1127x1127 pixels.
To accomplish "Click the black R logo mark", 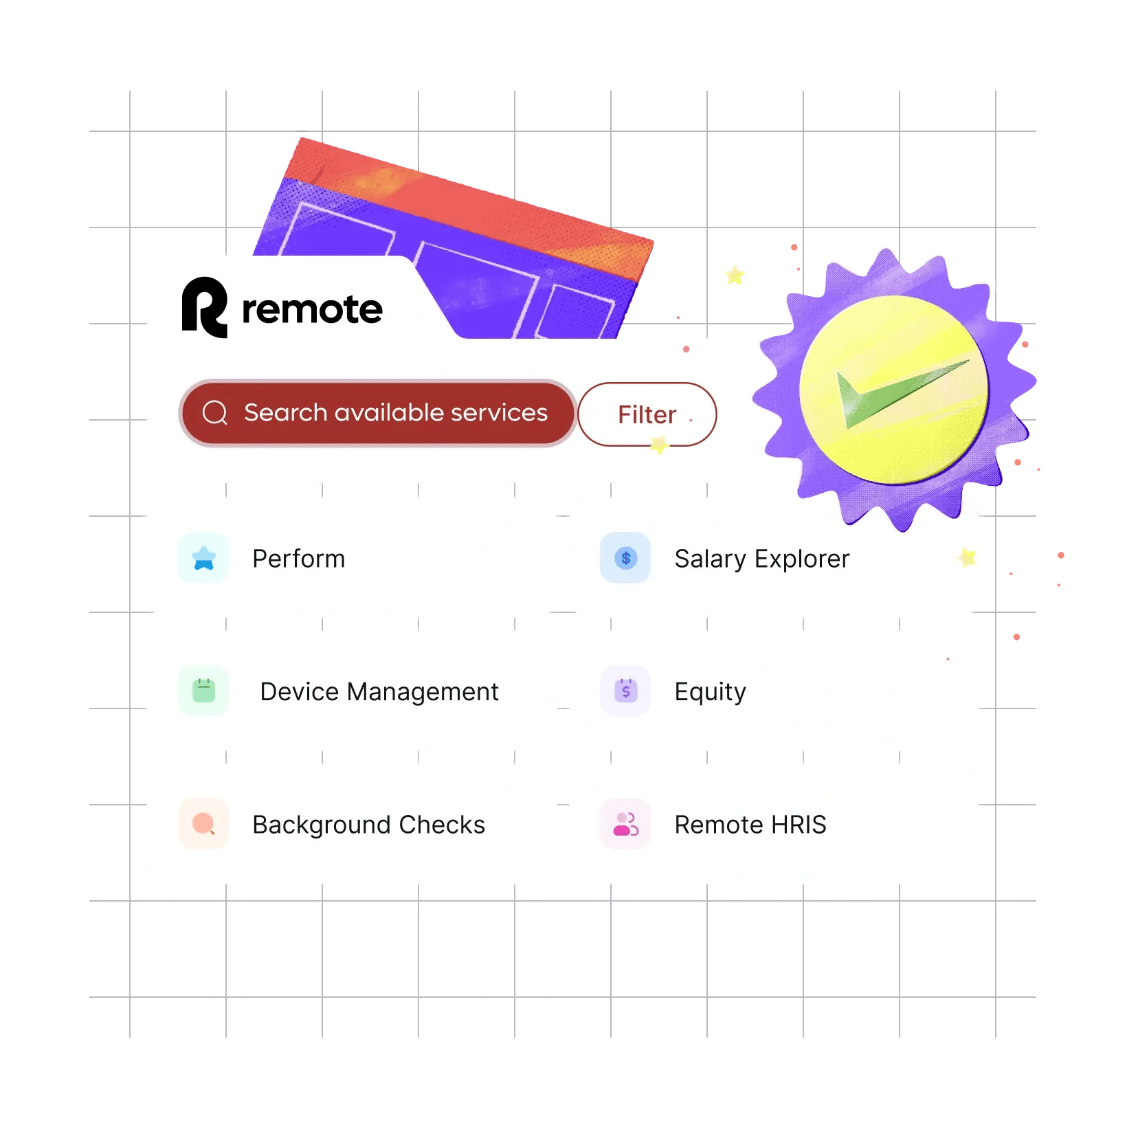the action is coord(204,307).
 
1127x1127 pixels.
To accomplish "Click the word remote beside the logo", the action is coord(313,309).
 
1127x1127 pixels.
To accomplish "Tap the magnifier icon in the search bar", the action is coord(215,412).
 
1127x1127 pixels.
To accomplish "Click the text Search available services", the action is coord(396,412).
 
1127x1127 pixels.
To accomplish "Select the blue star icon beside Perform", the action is coord(203,558).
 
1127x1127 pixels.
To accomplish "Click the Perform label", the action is coord(299,559).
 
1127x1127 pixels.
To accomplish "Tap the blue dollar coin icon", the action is coord(625,558).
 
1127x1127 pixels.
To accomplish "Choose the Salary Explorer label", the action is coord(762,559).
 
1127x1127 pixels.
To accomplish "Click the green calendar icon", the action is coord(203,691).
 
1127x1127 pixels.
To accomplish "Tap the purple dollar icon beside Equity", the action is coord(625,691).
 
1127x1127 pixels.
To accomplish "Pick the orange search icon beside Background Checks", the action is coord(203,823).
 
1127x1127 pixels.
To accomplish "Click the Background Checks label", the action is coord(369,825).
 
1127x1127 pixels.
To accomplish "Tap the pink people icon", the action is coord(625,823).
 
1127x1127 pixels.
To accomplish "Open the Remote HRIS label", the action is coord(750,825).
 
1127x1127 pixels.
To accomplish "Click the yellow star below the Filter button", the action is coord(659,445).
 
